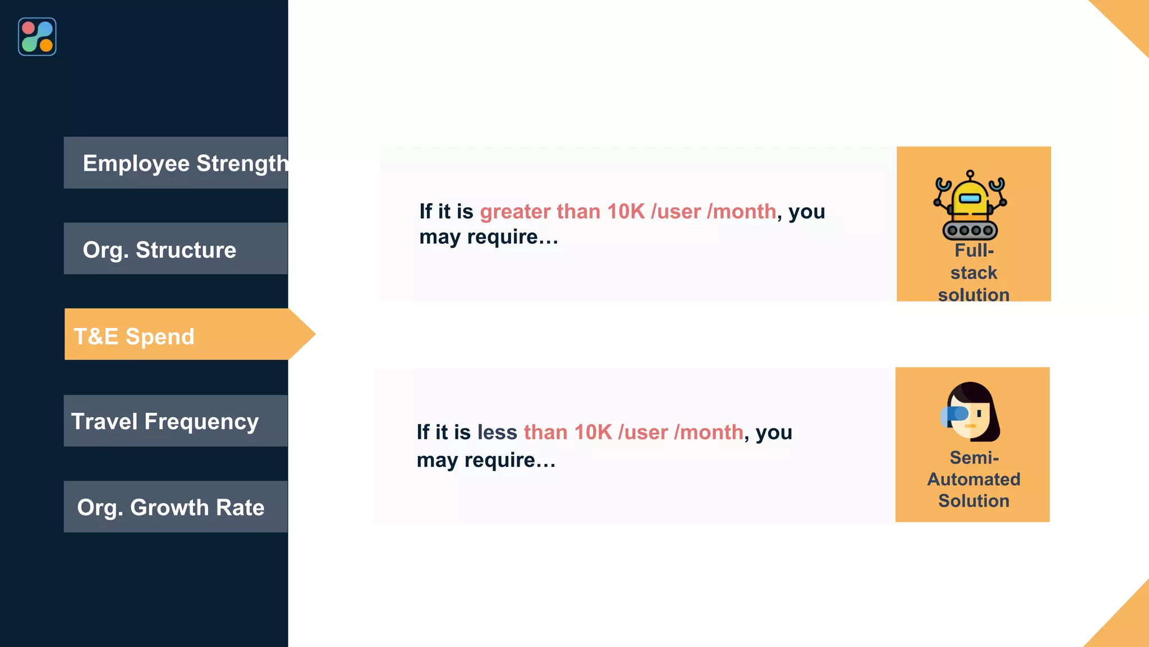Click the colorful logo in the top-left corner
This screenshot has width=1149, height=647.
click(37, 37)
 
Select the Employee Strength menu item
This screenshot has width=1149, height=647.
click(176, 163)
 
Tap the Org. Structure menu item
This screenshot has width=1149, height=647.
click(176, 249)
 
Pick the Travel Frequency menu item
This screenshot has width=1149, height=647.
click(176, 421)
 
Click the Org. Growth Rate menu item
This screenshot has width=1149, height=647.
click(176, 507)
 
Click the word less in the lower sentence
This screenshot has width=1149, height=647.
click(497, 432)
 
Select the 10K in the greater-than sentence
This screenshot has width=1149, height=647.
click(626, 212)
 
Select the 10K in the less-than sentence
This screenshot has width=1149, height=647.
click(592, 432)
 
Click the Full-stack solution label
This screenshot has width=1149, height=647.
click(973, 273)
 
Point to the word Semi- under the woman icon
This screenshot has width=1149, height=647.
click(974, 458)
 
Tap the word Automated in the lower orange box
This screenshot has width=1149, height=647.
click(973, 479)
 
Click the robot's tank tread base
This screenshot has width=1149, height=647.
click(970, 230)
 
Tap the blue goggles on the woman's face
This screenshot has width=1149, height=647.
click(955, 414)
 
